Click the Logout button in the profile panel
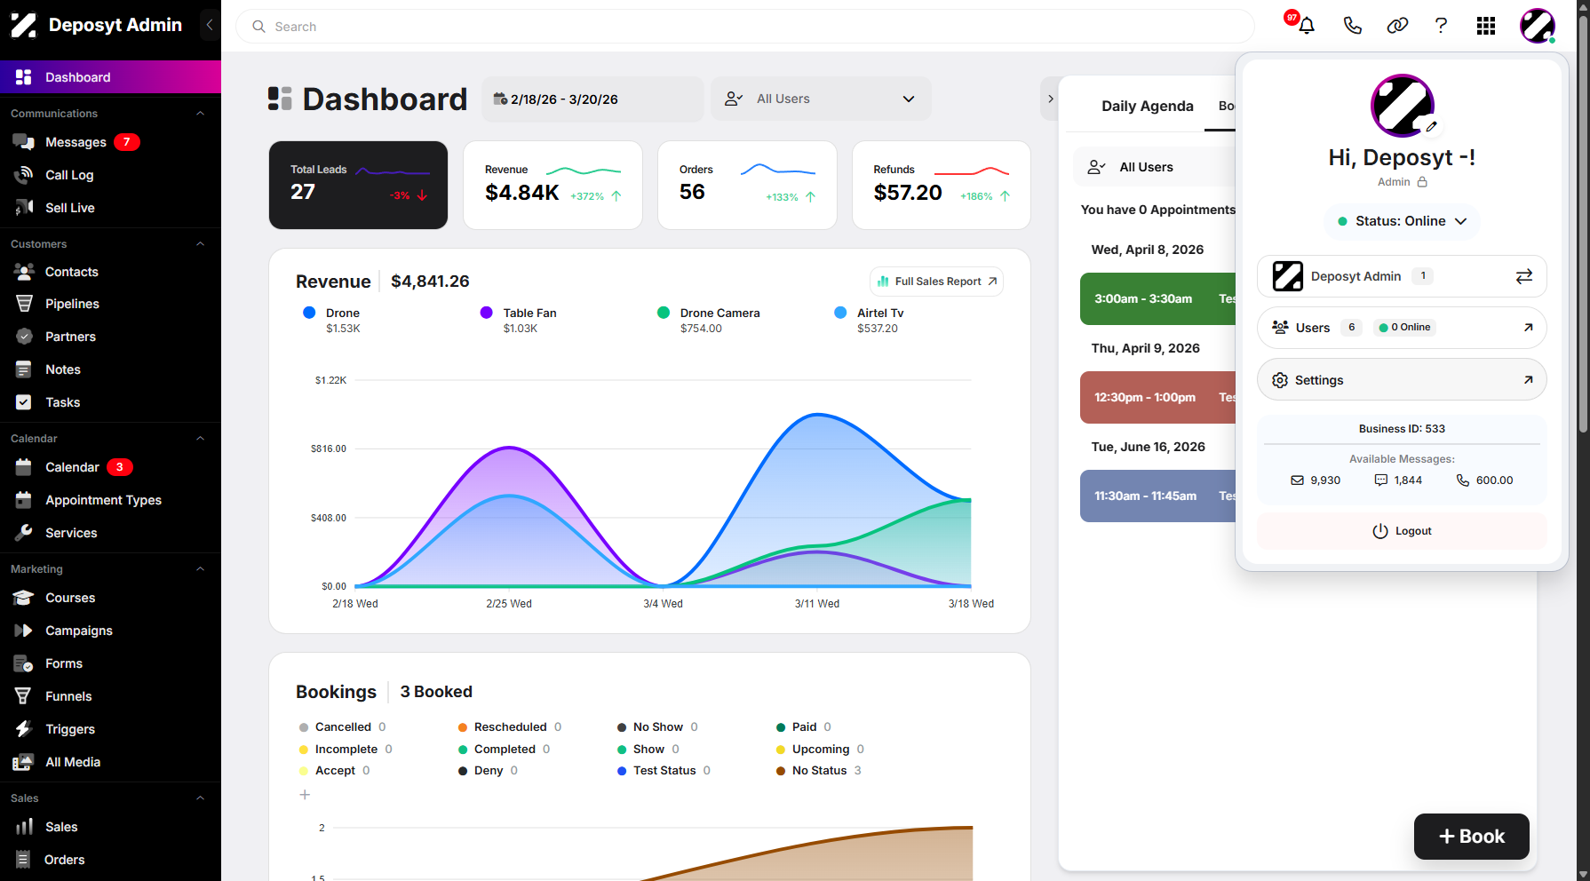1402,531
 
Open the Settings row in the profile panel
1402,380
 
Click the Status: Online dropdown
1402,221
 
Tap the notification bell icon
1307,26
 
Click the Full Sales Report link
937,282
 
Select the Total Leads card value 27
303,192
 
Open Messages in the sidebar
76,142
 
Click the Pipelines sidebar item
72,304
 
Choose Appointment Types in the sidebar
103,500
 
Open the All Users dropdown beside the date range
821,99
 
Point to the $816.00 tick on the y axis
329,448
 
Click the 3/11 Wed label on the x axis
817,604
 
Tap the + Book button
1472,837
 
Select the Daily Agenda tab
1148,107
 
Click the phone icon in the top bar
1352,26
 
